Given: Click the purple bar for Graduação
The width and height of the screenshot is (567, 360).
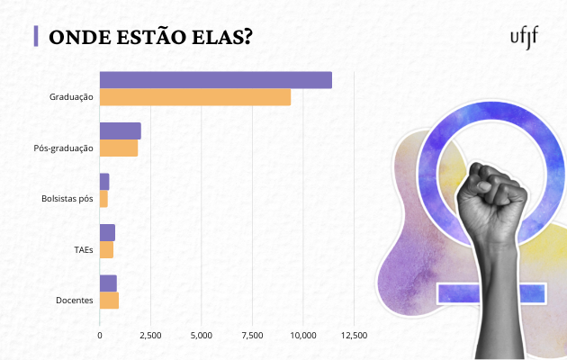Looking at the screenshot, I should click(215, 80).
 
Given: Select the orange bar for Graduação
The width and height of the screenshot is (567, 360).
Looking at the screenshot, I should click(194, 97).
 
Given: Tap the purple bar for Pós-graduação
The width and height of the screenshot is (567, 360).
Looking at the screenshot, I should click(120, 131).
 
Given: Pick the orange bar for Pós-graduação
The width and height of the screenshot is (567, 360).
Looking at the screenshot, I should click(118, 148).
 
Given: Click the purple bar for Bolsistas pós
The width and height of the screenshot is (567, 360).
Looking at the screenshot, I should click(103, 182).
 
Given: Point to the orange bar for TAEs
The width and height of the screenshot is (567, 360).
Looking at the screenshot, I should click(106, 250).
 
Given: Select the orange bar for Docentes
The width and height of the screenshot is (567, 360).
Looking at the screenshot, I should click(109, 301).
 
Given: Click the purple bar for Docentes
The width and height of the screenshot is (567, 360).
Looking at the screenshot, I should click(108, 283).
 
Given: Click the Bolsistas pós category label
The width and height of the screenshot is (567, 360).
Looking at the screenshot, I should click(67, 198).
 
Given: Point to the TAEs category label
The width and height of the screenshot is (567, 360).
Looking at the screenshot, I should click(84, 249).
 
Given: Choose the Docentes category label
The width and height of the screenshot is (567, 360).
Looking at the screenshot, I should click(75, 301).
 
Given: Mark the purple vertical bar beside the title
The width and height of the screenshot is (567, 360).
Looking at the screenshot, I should click(35, 36).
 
